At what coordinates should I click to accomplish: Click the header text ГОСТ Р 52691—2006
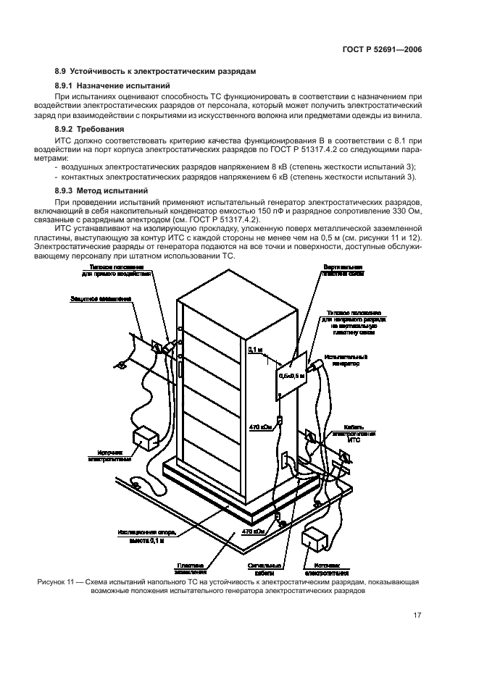tap(381, 51)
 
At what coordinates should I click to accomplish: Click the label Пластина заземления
tap(191, 568)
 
